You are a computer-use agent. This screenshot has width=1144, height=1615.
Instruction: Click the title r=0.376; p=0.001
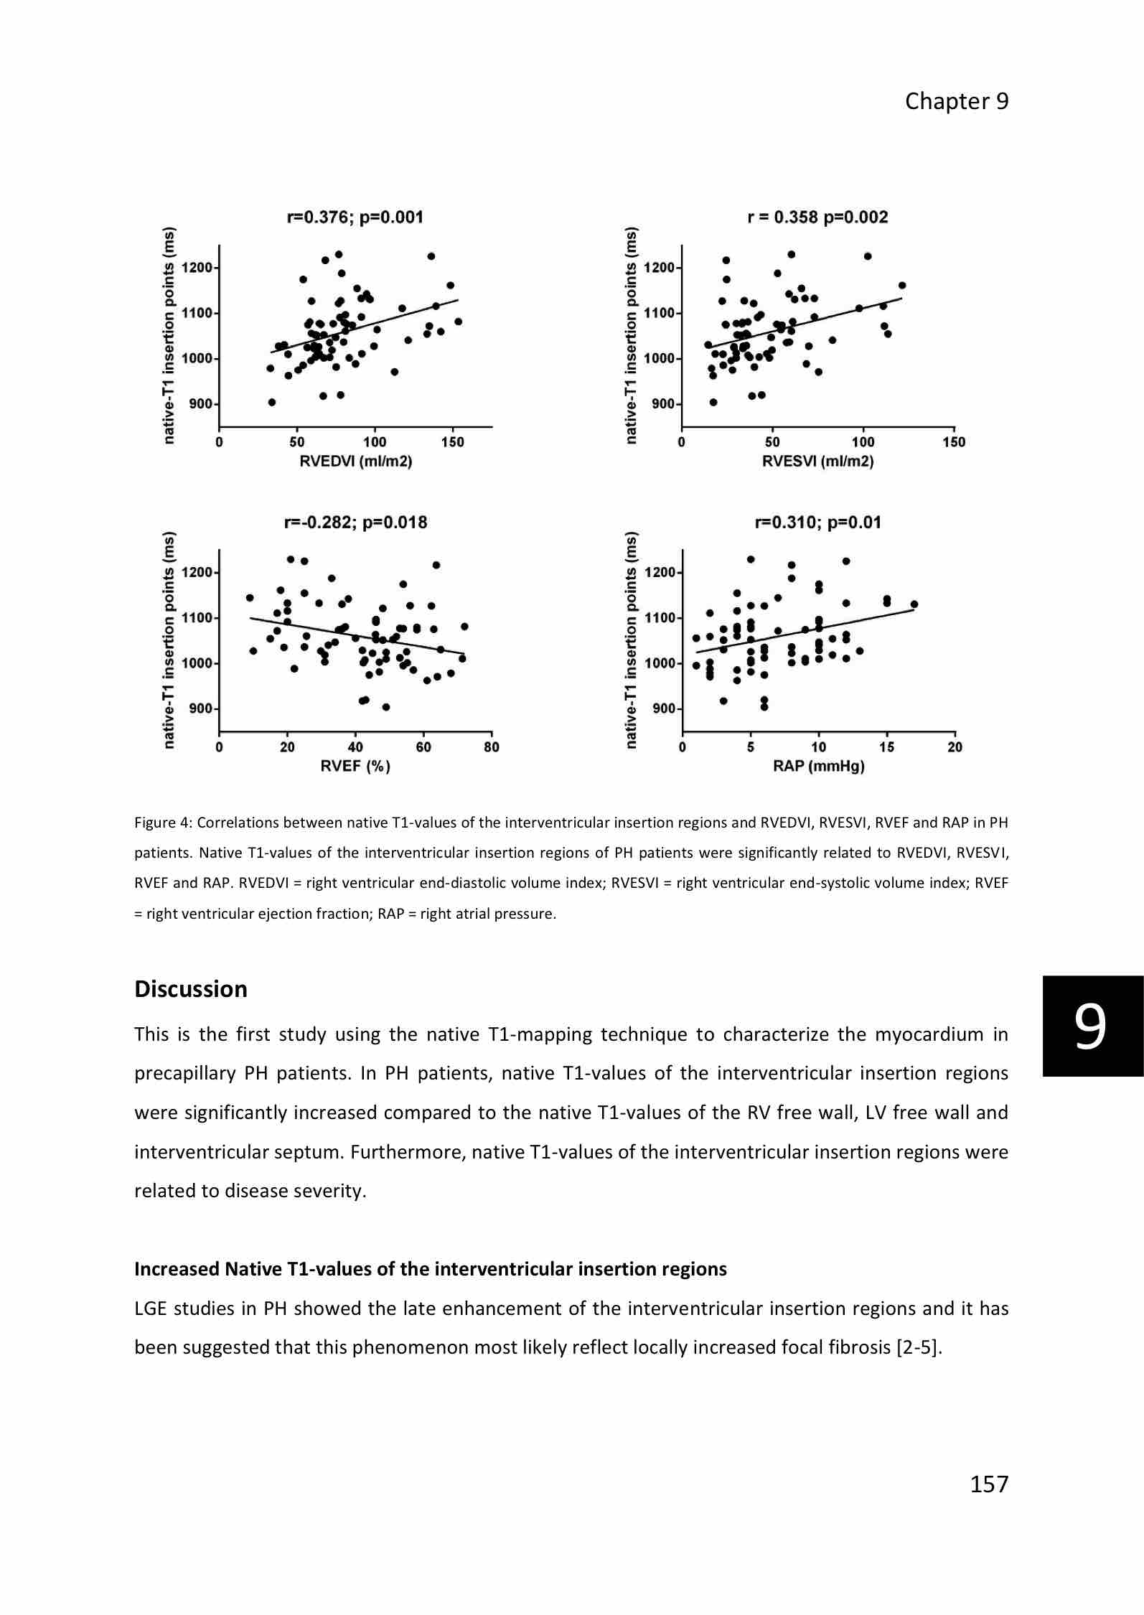click(x=355, y=217)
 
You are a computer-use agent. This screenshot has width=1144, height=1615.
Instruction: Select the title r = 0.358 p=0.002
click(x=817, y=217)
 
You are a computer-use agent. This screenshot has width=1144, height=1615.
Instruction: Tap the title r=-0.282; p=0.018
click(x=355, y=522)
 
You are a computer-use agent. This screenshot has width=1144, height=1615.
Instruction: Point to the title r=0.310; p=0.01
click(x=818, y=522)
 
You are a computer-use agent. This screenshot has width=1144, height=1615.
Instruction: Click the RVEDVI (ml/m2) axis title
click(x=355, y=462)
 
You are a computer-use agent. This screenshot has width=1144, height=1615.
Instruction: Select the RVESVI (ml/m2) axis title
click(x=818, y=462)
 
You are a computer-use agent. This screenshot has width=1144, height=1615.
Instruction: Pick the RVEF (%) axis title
click(x=355, y=767)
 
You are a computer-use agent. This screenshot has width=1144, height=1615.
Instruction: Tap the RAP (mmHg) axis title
click(x=818, y=767)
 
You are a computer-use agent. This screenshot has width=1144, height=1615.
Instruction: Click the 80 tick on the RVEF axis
click(x=492, y=747)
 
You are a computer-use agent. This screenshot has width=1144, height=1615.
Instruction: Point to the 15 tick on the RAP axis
click(x=887, y=747)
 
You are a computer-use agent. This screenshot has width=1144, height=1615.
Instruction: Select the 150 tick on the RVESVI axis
click(x=954, y=442)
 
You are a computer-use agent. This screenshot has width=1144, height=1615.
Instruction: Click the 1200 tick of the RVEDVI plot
click(x=197, y=268)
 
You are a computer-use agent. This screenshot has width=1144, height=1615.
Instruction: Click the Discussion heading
click(x=191, y=989)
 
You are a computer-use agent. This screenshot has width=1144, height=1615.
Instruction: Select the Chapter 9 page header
click(x=956, y=101)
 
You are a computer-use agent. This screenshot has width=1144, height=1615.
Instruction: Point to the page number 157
click(x=989, y=1484)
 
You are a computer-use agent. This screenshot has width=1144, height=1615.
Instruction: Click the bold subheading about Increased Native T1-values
click(x=431, y=1269)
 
